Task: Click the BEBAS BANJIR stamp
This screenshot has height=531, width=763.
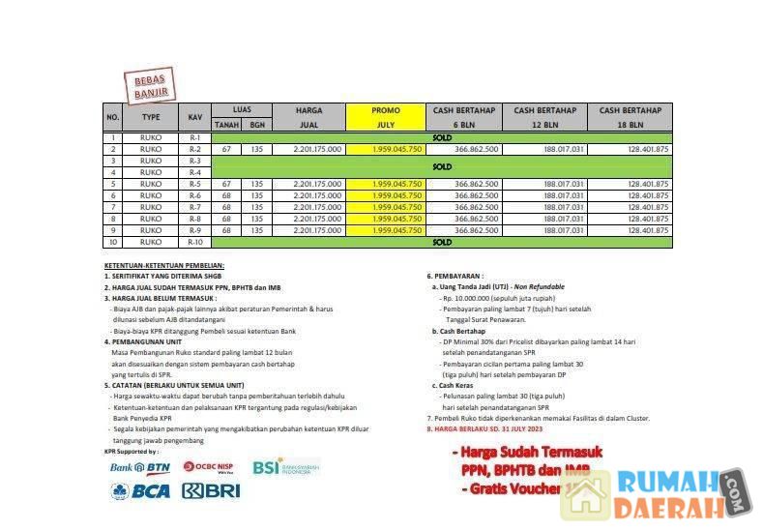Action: click(150, 85)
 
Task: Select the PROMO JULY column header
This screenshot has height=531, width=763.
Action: click(385, 117)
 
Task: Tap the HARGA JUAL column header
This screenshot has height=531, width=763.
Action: click(308, 117)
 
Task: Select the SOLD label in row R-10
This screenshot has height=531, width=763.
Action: click(442, 242)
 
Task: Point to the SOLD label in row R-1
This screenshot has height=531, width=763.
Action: click(442, 137)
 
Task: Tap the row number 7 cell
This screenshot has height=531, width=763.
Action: click(113, 207)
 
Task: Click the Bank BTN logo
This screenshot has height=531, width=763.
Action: click(140, 467)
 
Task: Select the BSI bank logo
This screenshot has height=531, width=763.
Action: click(285, 467)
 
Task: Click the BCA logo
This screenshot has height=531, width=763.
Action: click(140, 491)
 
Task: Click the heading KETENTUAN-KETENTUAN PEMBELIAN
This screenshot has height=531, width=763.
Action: click(164, 265)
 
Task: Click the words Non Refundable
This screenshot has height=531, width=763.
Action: click(540, 287)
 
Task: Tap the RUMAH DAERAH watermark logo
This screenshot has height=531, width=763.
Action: click(667, 494)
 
